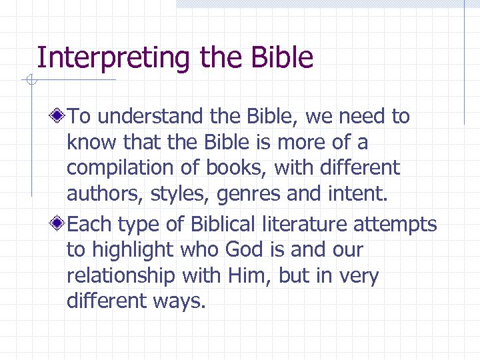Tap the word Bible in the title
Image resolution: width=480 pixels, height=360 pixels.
[283, 58]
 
